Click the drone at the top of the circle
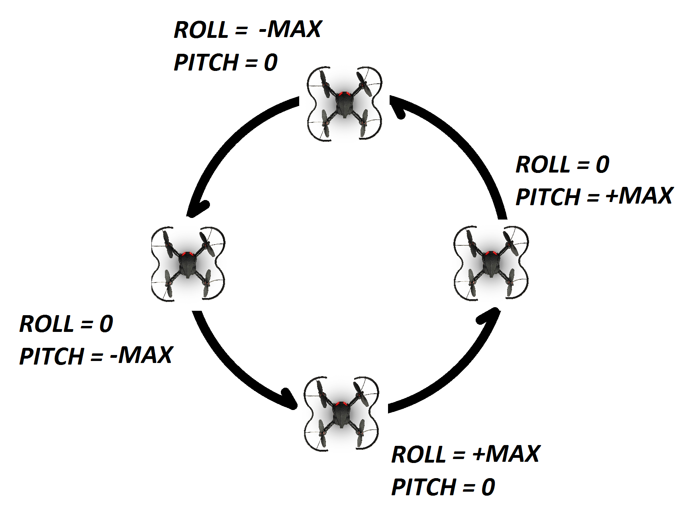pos(345,104)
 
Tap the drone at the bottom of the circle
pos(341,413)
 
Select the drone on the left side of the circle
pos(188,264)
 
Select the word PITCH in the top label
pos(206,62)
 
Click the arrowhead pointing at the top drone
pos(398,107)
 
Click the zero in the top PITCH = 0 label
pos(271,63)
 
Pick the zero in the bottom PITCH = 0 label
pos(488,487)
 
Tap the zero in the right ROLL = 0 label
pos(602,164)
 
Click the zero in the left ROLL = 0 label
pos(106,324)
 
